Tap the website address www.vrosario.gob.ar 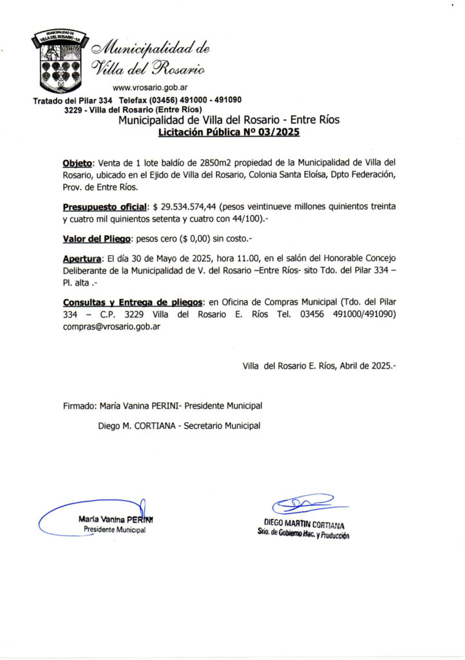[x=150, y=88]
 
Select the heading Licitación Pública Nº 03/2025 [x=229, y=133]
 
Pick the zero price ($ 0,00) [x=202, y=239]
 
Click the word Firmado [x=80, y=405]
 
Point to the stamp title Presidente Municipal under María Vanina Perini [x=115, y=530]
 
